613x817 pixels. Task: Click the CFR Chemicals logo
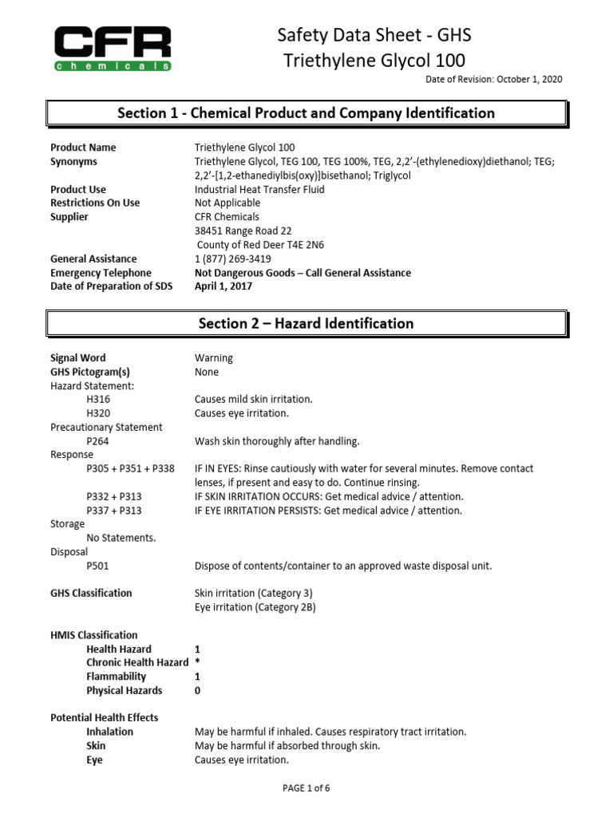point(113,48)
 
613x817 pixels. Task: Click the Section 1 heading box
point(306,113)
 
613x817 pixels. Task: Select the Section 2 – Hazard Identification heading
point(306,323)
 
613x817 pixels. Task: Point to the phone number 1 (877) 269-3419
point(232,259)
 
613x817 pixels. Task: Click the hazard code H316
point(98,399)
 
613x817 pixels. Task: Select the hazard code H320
point(98,413)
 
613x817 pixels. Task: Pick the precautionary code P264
point(98,440)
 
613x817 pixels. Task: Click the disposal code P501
point(98,566)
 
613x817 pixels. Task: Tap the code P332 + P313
point(114,496)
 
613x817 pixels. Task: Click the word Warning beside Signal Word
point(214,358)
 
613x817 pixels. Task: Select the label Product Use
point(78,189)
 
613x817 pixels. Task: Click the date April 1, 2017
point(223,286)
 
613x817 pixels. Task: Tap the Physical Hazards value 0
point(197,690)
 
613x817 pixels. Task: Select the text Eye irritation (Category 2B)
point(255,607)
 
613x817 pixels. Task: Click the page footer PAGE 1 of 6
point(306,788)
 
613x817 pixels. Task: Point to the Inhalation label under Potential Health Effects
point(109,732)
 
